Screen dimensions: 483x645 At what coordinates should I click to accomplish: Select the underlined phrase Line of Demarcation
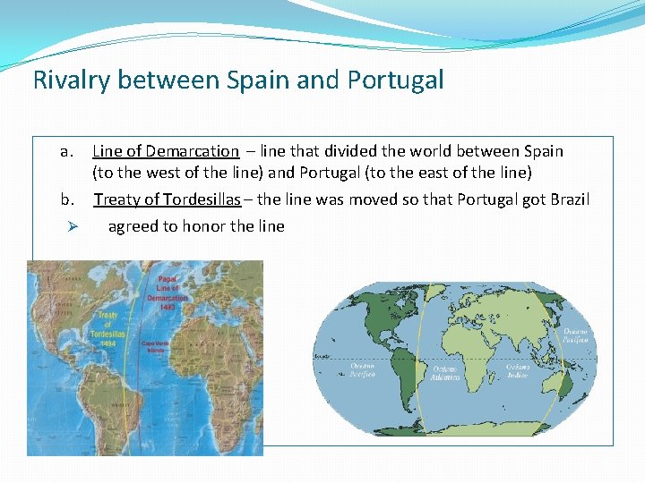(166, 151)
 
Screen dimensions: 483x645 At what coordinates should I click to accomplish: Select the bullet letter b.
(65, 199)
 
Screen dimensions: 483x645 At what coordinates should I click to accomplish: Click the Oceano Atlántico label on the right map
(446, 373)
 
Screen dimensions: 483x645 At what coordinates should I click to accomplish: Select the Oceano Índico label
(517, 370)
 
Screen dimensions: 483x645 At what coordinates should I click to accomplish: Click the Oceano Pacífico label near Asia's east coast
(576, 335)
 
